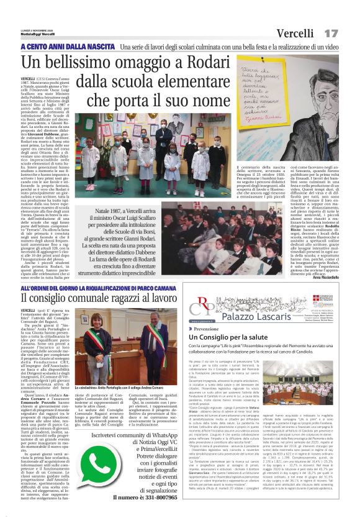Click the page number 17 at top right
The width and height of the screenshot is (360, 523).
pos(331,32)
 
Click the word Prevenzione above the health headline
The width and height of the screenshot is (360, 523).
pos(210,327)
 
